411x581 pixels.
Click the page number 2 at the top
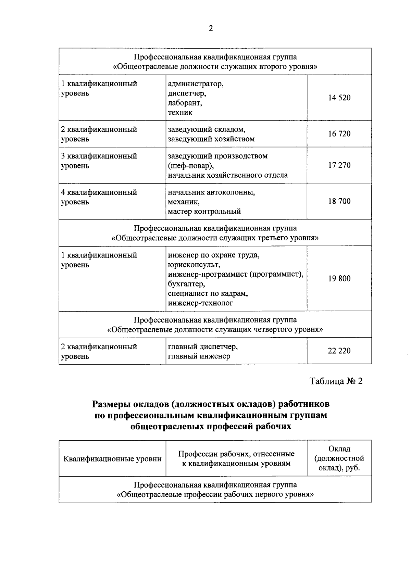click(211, 29)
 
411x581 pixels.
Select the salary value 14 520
click(339, 98)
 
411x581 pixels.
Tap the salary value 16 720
click(339, 134)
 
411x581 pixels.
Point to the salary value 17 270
click(339, 165)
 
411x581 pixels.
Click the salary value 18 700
click(339, 201)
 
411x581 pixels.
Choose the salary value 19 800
click(339, 279)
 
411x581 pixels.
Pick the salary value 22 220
click(339, 351)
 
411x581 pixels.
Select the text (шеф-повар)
click(190, 166)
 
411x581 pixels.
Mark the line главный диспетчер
click(203, 347)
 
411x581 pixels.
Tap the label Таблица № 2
click(336, 381)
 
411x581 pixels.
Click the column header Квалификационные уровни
click(112, 459)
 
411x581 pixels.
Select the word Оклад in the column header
click(339, 449)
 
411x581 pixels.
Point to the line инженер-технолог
click(200, 303)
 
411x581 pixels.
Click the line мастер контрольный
click(204, 211)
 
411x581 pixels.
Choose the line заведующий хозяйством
click(211, 139)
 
